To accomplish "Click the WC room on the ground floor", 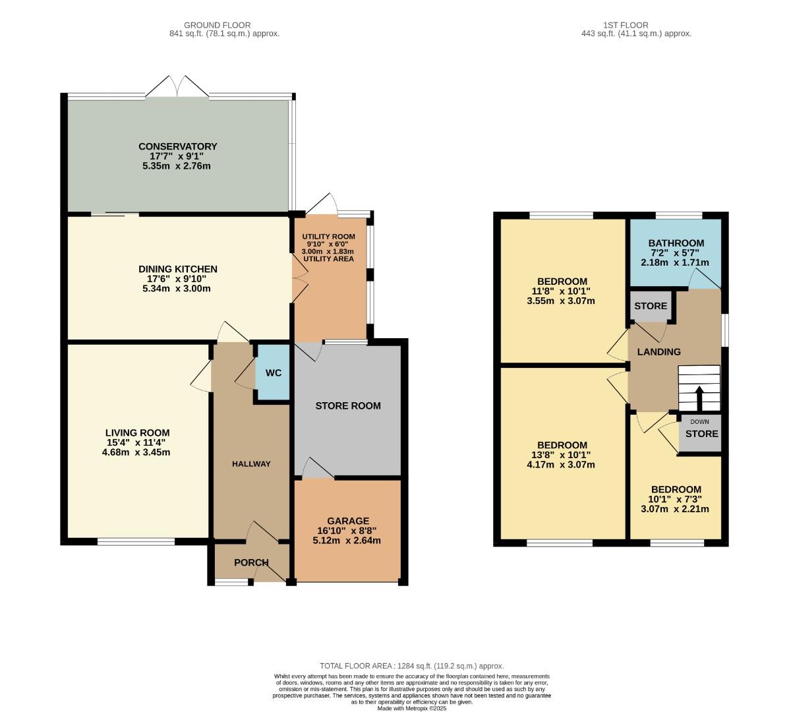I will pos(273,373).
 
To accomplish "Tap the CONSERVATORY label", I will pos(177,146).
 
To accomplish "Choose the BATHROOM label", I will pos(676,243).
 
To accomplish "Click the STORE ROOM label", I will pos(347,406).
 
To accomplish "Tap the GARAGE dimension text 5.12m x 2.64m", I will pos(347,541).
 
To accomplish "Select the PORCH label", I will pos(251,562).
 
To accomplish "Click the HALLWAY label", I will pos(251,464).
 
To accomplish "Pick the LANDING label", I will pos(658,352).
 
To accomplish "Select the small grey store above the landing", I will pos(651,307).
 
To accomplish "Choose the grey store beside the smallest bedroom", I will pos(701,434).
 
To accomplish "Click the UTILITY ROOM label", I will pos(328,237).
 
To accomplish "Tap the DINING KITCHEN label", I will pos(177,269).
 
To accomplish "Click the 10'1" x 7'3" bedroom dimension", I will pos(676,499).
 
